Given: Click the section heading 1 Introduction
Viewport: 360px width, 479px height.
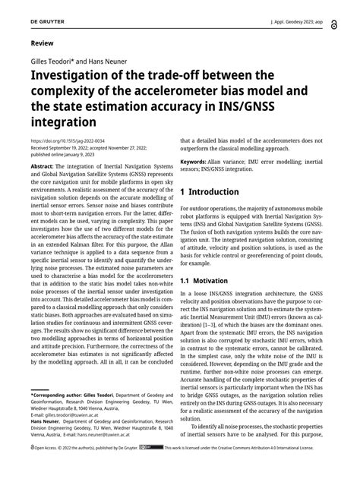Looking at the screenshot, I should click(x=210, y=192).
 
